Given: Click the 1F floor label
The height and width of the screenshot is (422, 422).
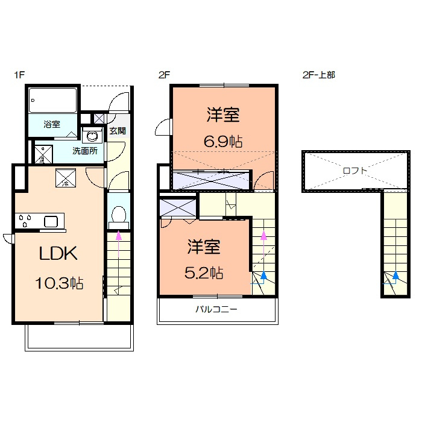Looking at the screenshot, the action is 19,75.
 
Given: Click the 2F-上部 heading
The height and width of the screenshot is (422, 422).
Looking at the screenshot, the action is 319,75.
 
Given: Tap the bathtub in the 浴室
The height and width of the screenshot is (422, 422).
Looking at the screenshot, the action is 53,100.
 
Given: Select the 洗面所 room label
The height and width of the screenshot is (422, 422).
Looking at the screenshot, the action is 85,151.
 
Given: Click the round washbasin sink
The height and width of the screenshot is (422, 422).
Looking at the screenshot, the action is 93,136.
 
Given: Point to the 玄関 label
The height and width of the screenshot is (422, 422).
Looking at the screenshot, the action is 118,131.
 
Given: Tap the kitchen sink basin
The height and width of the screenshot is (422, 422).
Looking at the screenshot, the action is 51,222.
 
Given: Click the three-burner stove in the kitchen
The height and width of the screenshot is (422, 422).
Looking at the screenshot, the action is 25,221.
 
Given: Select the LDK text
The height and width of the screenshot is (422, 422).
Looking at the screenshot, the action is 58,253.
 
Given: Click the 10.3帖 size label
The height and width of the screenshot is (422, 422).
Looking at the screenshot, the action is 59,283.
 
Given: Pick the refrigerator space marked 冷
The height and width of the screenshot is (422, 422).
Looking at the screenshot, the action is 66,178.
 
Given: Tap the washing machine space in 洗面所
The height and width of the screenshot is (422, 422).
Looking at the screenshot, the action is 43,154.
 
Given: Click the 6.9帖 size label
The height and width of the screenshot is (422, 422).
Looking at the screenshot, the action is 223,141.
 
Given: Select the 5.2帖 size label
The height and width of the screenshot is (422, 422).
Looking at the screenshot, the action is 204,273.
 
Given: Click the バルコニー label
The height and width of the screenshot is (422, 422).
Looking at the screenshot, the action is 216,309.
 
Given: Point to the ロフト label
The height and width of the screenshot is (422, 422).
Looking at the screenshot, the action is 355,171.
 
